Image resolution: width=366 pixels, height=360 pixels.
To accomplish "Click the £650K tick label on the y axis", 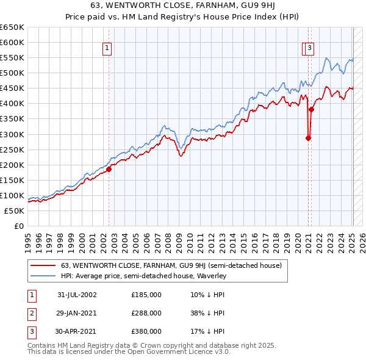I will pyautogui.click(x=12, y=27).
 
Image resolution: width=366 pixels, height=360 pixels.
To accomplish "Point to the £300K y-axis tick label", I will pyautogui.click(x=12, y=134).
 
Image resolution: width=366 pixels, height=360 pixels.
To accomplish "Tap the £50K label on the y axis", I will pyautogui.click(x=14, y=211).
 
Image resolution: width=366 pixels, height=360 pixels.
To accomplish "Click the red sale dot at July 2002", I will pyautogui.click(x=109, y=169).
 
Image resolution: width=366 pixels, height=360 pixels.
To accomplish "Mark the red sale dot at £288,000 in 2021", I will pyautogui.click(x=308, y=138).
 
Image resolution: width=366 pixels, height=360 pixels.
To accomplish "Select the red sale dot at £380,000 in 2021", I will pyautogui.click(x=311, y=110).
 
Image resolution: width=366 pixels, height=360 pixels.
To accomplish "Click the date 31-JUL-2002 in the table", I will pyautogui.click(x=77, y=294).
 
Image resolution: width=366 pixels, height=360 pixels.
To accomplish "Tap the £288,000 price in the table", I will pyautogui.click(x=146, y=313).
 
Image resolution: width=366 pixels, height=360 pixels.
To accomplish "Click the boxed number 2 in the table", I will pyautogui.click(x=30, y=313).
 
